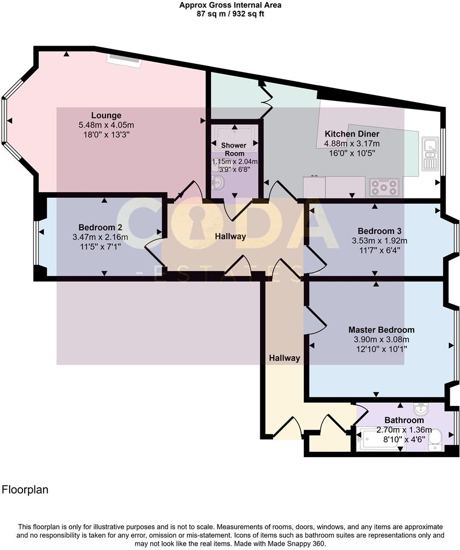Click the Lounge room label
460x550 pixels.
pyautogui.click(x=106, y=115)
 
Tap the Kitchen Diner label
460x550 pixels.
pyautogui.click(x=352, y=134)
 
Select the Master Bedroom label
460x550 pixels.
pyautogui.click(x=381, y=330)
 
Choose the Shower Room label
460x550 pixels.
pyautogui.click(x=234, y=149)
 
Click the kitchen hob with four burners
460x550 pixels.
pyautogui.click(x=383, y=187)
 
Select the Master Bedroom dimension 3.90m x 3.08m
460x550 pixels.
pyautogui.click(x=381, y=339)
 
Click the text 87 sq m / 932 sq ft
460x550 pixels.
pyautogui.click(x=230, y=14)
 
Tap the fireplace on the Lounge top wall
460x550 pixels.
pyautogui.click(x=124, y=58)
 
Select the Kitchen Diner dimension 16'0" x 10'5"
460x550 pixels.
pyautogui.click(x=352, y=153)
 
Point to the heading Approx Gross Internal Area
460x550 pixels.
pyautogui.click(x=230, y=5)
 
